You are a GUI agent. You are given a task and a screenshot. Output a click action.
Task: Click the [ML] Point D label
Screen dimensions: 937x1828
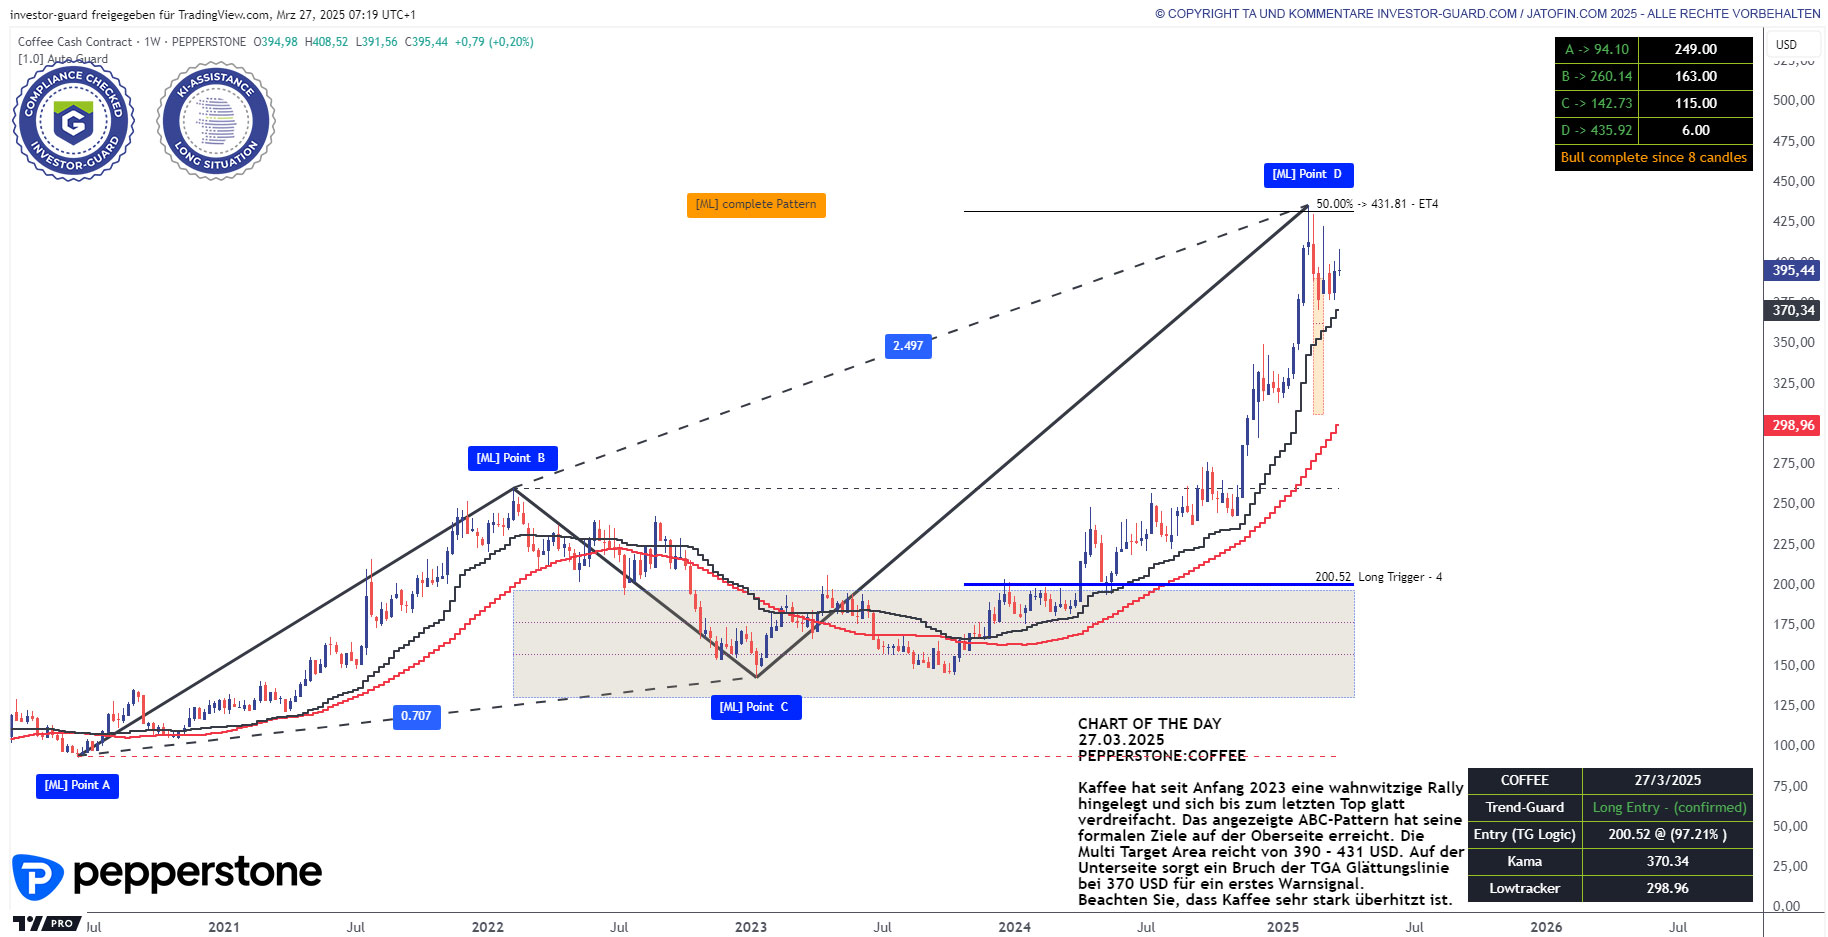(x=1307, y=175)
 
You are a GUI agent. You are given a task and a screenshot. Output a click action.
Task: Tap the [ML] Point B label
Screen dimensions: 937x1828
(x=511, y=458)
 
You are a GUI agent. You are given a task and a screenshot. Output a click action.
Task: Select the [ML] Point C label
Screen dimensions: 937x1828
(x=754, y=707)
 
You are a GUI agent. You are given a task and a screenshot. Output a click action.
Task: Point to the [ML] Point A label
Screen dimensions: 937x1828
(x=77, y=785)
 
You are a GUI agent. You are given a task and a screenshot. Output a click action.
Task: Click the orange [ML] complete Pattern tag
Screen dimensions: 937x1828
(x=756, y=204)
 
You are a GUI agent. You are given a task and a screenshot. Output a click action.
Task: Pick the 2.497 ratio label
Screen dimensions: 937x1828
(x=908, y=346)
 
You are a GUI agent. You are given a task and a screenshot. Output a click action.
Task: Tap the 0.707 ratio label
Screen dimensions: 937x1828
(x=416, y=716)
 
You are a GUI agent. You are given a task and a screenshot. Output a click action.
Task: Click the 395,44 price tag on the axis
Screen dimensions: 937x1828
(x=1793, y=270)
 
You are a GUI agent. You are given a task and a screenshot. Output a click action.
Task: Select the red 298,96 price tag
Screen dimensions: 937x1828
(x=1793, y=425)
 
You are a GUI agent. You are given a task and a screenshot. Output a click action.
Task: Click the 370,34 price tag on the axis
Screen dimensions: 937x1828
(x=1793, y=310)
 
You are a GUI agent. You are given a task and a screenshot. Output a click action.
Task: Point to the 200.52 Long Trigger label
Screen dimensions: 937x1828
(x=1378, y=577)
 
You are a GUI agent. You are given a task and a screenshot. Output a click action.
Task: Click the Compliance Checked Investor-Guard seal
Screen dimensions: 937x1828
(x=73, y=122)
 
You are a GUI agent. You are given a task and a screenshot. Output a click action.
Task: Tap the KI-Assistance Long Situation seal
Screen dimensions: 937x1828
(x=216, y=122)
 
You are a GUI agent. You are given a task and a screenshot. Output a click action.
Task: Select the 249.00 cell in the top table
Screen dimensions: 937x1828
(x=1695, y=49)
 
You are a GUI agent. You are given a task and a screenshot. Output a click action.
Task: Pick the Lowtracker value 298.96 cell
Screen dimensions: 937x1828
(x=1667, y=888)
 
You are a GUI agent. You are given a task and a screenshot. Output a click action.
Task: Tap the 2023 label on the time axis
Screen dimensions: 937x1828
(x=751, y=927)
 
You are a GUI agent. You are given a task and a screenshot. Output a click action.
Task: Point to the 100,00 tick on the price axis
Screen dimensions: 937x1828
(x=1793, y=745)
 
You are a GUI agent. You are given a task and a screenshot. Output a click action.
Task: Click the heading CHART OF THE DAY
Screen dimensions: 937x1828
(x=1149, y=724)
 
